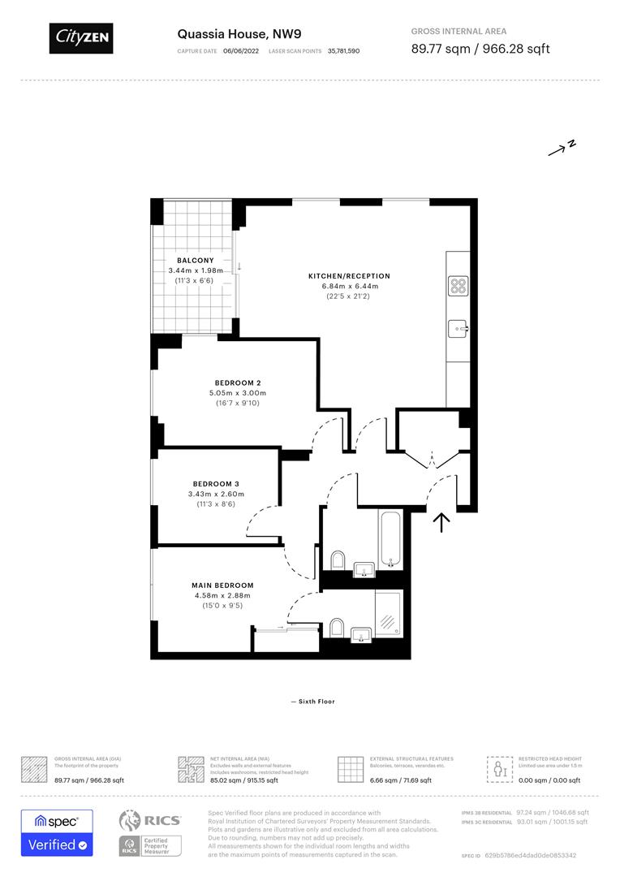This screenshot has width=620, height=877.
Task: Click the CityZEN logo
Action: point(81,37)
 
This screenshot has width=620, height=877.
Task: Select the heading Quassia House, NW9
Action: point(228,34)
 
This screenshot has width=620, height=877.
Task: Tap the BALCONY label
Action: point(196,261)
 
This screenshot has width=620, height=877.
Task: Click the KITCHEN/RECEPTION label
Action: point(343,276)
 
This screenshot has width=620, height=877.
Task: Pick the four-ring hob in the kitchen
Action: point(459,286)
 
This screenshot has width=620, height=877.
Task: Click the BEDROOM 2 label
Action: point(238,382)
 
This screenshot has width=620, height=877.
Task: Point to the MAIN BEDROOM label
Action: point(222,585)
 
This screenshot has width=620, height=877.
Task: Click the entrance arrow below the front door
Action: point(441,521)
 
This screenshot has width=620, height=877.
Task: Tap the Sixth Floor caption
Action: point(312,702)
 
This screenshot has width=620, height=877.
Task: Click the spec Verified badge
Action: point(57,832)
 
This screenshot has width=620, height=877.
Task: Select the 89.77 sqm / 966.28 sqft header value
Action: point(480,49)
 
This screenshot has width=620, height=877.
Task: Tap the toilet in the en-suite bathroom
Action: point(338,627)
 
